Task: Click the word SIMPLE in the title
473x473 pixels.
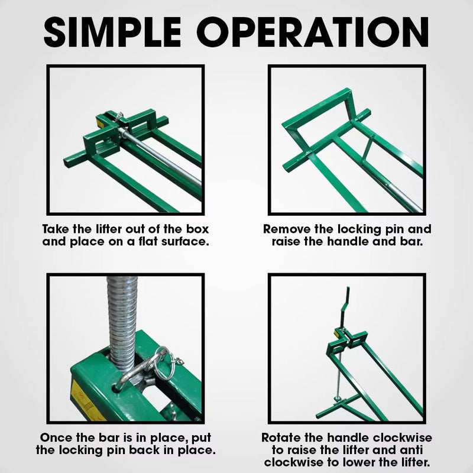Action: click(x=122, y=33)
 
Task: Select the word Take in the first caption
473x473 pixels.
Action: click(x=56, y=229)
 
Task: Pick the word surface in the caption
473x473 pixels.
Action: click(x=186, y=242)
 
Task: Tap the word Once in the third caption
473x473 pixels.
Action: click(x=57, y=438)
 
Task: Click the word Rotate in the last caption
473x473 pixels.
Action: click(x=282, y=438)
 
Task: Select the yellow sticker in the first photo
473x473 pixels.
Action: click(x=102, y=122)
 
